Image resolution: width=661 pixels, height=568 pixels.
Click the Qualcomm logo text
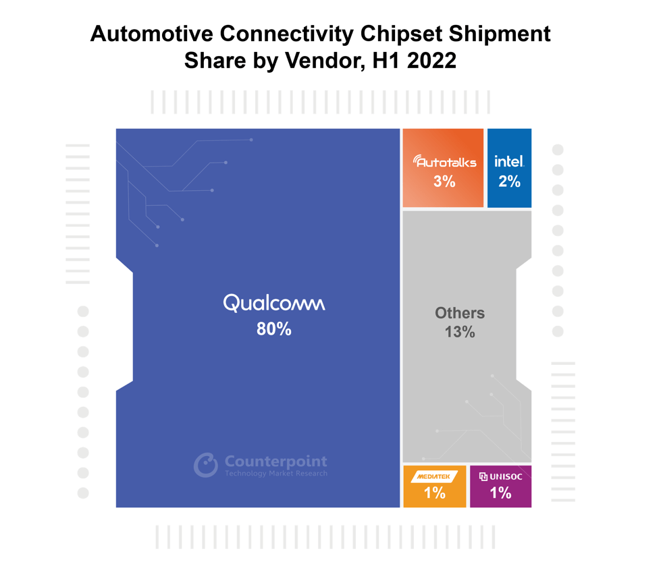point(274,304)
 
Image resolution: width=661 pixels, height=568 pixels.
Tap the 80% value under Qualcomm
point(274,329)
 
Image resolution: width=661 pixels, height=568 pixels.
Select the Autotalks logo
point(444,161)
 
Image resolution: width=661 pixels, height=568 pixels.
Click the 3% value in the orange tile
point(444,181)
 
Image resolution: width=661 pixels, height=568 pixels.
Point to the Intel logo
point(509,161)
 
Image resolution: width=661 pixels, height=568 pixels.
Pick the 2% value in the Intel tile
point(509,181)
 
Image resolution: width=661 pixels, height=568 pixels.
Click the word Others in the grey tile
point(460,313)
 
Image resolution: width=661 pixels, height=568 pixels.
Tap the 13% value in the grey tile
point(460,332)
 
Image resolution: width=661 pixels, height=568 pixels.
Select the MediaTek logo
point(435,476)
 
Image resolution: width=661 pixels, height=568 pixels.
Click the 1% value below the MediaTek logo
point(435,493)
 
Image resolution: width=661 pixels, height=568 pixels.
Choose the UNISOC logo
point(500,476)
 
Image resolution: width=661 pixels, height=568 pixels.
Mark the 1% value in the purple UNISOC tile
point(500,493)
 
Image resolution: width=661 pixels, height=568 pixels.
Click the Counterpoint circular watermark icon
point(206,465)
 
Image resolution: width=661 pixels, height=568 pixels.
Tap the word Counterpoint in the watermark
point(275,461)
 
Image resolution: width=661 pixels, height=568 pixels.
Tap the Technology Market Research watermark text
point(275,474)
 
